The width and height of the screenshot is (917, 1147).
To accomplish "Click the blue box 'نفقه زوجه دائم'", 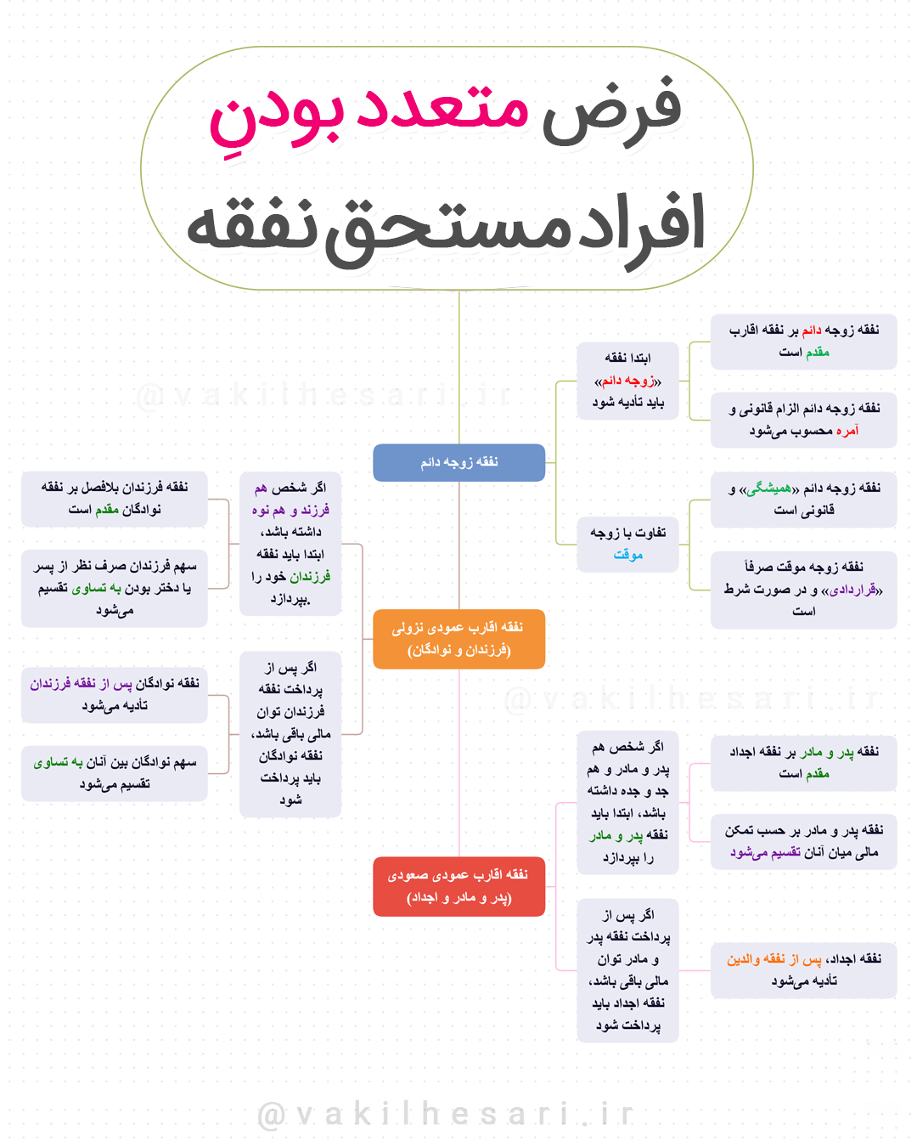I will (458, 462).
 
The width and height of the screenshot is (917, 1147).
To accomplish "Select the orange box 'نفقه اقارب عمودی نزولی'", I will (458, 639).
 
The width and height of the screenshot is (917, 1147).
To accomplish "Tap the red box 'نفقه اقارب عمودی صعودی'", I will (458, 886).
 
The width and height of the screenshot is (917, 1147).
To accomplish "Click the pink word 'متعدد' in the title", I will (442, 110).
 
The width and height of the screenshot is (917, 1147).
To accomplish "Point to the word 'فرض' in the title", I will (611, 110).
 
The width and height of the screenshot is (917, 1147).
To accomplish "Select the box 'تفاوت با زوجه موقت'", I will (627, 544).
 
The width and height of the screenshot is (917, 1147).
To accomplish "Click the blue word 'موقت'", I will (627, 555).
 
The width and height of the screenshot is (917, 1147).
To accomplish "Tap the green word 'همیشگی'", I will (769, 489).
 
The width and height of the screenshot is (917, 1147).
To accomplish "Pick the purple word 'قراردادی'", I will (852, 590).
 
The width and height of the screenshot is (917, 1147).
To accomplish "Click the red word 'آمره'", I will (847, 431).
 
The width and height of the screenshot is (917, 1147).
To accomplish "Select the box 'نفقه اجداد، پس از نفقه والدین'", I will (803, 969).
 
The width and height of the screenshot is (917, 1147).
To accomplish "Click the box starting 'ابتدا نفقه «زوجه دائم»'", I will (627, 381).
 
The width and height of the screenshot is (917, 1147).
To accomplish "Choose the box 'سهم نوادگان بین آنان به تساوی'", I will (115, 773).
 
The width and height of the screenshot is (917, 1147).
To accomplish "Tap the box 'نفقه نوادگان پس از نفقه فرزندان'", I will (115, 694).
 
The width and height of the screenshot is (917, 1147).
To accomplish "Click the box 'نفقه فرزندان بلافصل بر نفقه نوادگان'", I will (115, 498).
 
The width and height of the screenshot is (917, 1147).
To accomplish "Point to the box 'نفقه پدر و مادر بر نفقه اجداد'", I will (803, 762).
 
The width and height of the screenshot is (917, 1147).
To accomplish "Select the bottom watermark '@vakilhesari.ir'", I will (447, 1114).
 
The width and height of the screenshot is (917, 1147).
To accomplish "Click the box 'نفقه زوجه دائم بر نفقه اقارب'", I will (803, 341).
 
